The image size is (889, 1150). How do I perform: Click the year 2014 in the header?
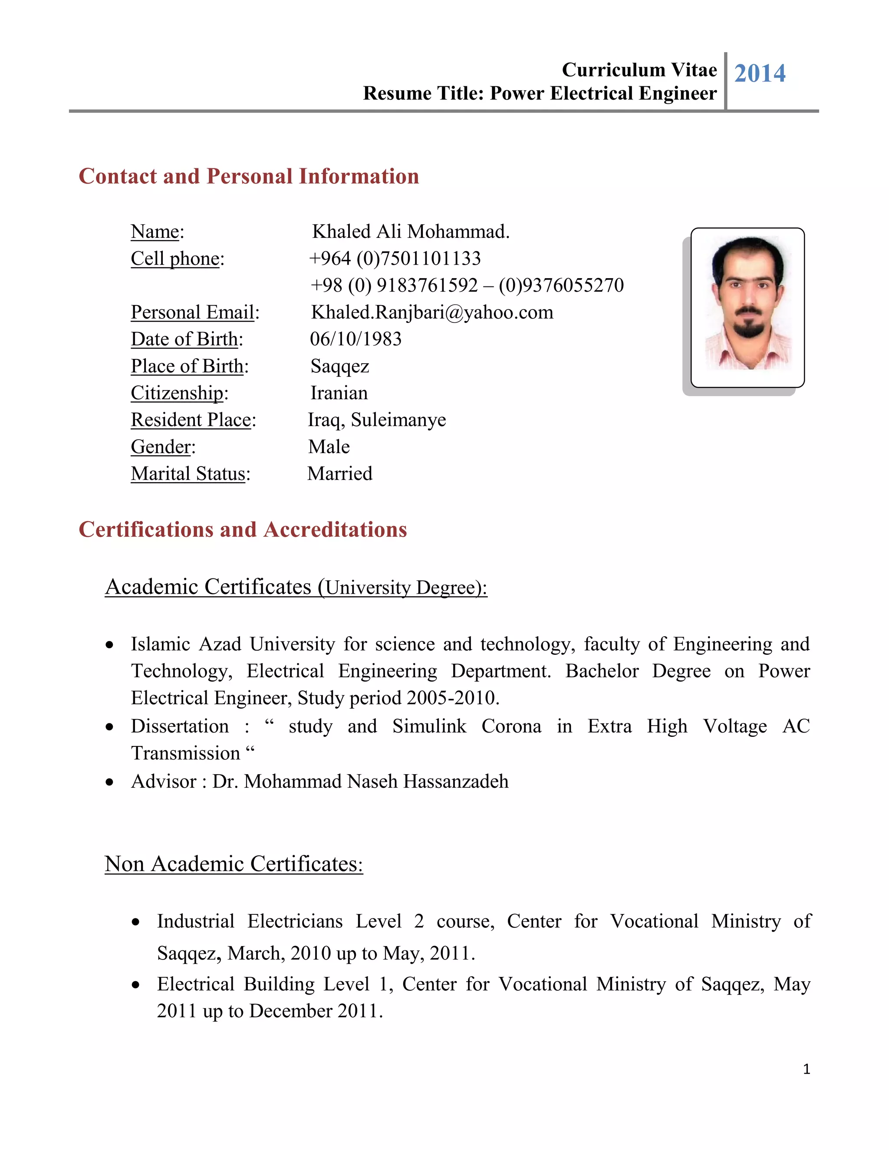point(760,73)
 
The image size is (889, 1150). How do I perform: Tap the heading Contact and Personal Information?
point(249,176)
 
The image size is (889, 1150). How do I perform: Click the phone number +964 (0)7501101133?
point(395,259)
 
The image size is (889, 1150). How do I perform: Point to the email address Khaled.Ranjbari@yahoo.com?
point(432,312)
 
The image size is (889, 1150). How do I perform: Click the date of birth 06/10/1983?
point(356,339)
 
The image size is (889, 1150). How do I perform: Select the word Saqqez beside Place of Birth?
point(340,366)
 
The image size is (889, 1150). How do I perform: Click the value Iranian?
point(339,393)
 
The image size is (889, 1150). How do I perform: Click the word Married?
point(340,473)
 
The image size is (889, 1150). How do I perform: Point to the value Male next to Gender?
point(329,447)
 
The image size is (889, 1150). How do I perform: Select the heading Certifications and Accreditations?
point(243,530)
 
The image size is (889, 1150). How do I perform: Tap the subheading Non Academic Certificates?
point(234,864)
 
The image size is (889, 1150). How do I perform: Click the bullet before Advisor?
point(109,782)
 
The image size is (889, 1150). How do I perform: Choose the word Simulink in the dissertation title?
point(429,726)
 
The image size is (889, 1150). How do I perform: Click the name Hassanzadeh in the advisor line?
point(456,782)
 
